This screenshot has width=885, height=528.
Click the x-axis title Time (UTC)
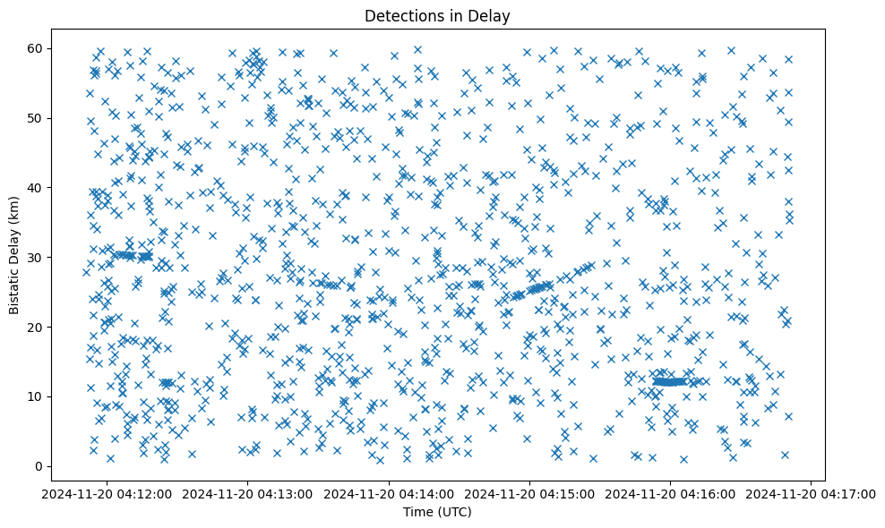tap(437, 512)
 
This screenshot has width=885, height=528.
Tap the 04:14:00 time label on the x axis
tap(389, 493)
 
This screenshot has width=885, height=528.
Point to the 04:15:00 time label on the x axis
tap(529, 493)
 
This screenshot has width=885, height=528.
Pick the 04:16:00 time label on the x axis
tap(670, 493)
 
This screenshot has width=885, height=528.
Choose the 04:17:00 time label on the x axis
tap(811, 493)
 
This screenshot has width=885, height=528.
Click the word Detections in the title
tap(402, 15)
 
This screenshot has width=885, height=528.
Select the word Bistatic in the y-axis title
tap(14, 288)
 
